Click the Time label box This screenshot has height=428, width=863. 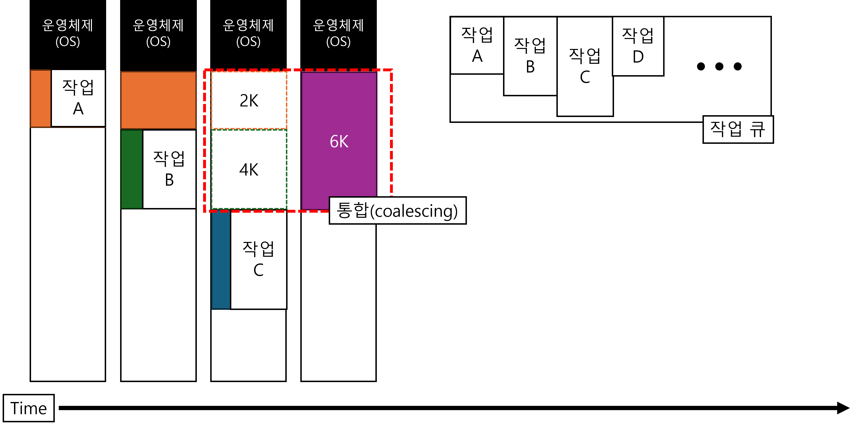tap(28, 408)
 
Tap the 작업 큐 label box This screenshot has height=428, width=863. tap(738, 129)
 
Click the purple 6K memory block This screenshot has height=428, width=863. tap(339, 141)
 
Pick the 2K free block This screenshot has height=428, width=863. tap(249, 100)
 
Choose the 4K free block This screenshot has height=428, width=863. tap(249, 169)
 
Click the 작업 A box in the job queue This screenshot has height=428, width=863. tap(477, 45)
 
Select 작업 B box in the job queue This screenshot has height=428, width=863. tap(530, 56)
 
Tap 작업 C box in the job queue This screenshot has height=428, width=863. tap(585, 66)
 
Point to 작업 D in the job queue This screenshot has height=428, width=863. tap(638, 46)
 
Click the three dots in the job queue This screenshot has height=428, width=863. tap(719, 66)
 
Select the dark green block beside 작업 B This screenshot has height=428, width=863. tap(132, 169)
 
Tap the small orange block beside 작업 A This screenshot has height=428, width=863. tap(41, 99)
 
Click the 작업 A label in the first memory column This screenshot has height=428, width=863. tap(78, 98)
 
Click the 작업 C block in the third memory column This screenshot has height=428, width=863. tap(258, 259)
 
